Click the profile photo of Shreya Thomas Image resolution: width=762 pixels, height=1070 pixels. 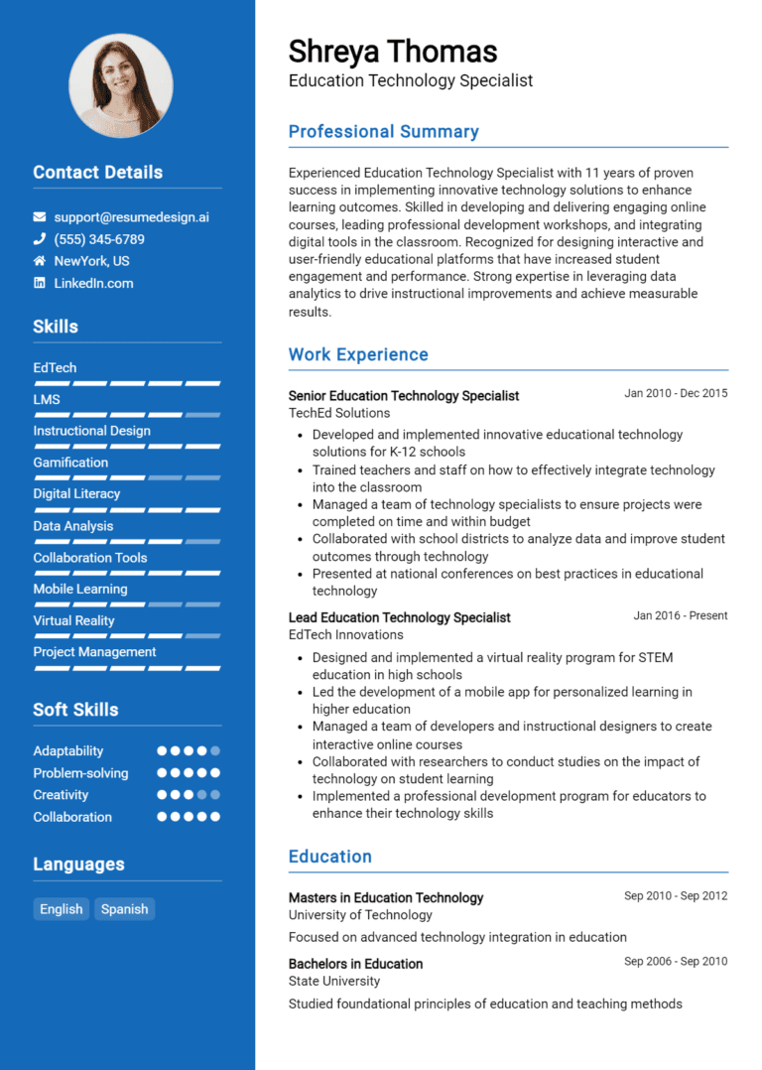pyautogui.click(x=120, y=85)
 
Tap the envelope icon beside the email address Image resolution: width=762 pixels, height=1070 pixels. pyautogui.click(x=40, y=216)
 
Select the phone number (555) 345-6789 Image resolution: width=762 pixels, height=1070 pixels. pyautogui.click(x=99, y=239)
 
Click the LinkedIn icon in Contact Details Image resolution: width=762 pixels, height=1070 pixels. pyautogui.click(x=40, y=283)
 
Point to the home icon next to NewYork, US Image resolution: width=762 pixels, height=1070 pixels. pyautogui.click(x=40, y=261)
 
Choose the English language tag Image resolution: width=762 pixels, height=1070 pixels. pyautogui.click(x=62, y=909)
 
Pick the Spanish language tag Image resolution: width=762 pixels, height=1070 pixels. pyautogui.click(x=125, y=909)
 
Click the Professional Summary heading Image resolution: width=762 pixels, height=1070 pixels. pyautogui.click(x=383, y=131)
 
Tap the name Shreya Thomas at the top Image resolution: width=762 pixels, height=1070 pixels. pyautogui.click(x=393, y=52)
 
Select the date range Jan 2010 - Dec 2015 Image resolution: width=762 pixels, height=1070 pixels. pyautogui.click(x=676, y=393)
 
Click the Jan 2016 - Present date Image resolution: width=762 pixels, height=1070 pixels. pyautogui.click(x=681, y=615)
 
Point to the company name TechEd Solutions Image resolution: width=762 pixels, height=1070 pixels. pyautogui.click(x=339, y=413)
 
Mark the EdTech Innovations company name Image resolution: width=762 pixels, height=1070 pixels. pyautogui.click(x=345, y=634)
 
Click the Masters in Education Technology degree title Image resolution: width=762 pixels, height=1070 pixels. pyautogui.click(x=386, y=897)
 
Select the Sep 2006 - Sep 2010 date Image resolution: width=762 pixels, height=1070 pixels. pyautogui.click(x=676, y=961)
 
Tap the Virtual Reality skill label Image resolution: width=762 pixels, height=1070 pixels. pyautogui.click(x=73, y=620)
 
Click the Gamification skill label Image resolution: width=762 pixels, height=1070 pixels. pyautogui.click(x=70, y=463)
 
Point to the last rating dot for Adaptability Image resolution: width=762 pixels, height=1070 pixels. pyautogui.click(x=215, y=751)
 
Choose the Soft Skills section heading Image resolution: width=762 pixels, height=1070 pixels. pyautogui.click(x=75, y=710)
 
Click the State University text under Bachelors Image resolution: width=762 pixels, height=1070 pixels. pyautogui.click(x=334, y=981)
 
